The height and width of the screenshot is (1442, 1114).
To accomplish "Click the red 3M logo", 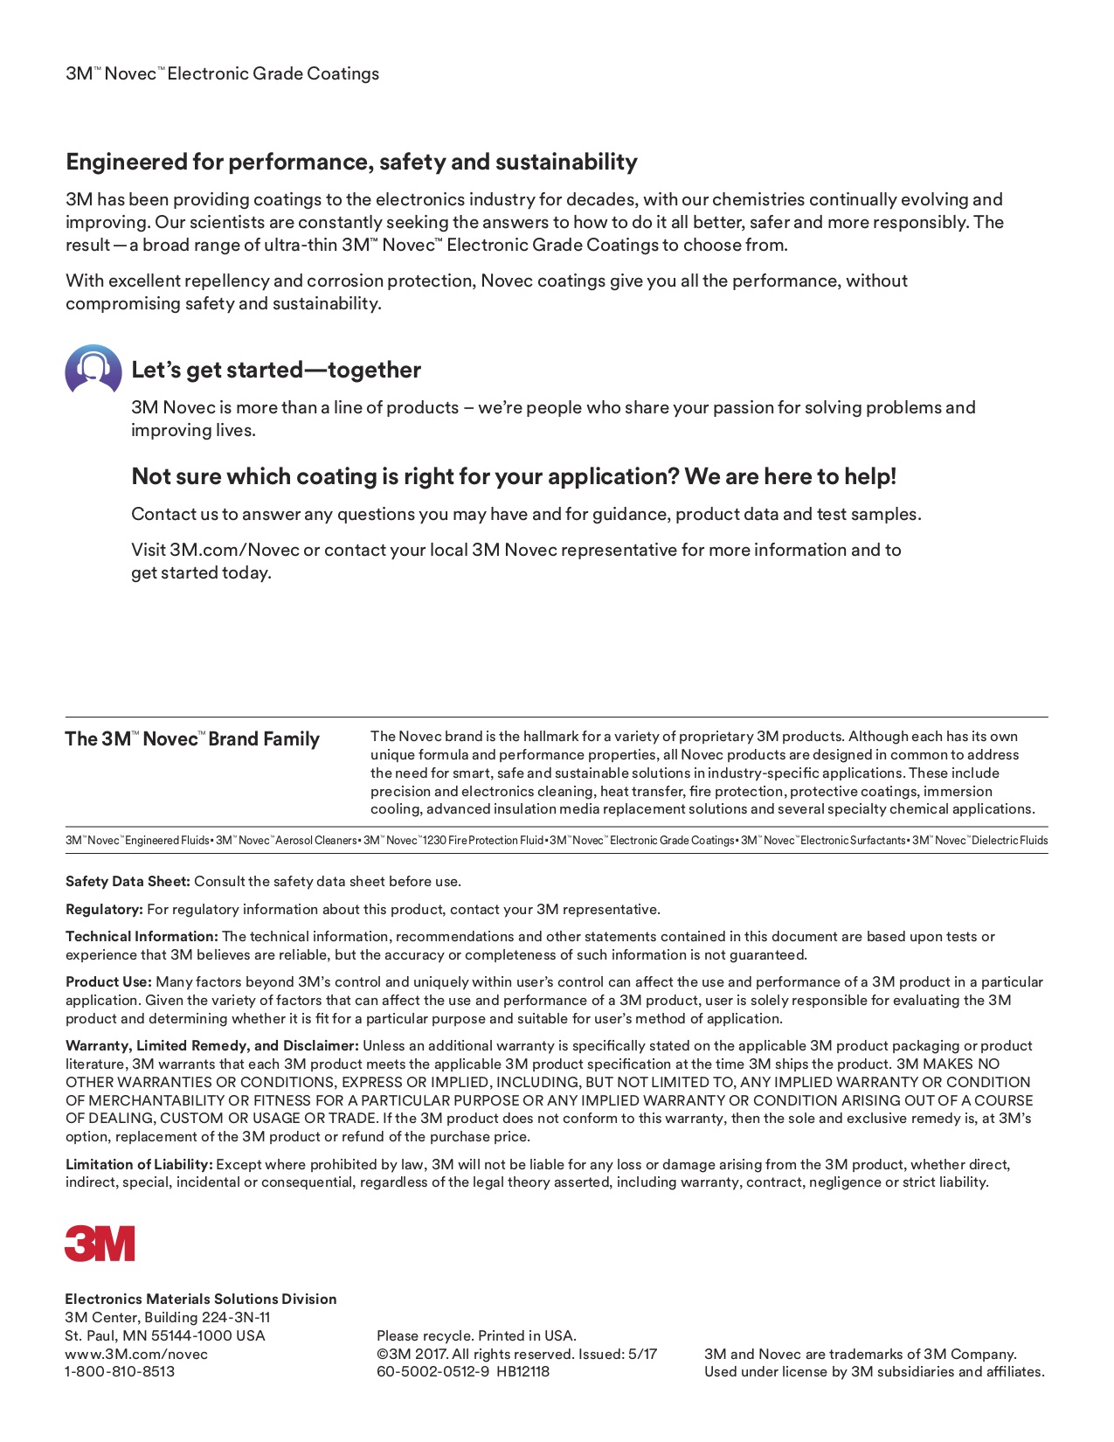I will (100, 1243).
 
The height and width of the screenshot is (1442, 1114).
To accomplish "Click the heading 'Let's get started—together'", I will (276, 370).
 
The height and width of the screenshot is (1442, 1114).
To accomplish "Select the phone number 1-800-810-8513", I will (120, 1371).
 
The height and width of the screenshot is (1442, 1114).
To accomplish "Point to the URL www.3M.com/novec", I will (136, 1354).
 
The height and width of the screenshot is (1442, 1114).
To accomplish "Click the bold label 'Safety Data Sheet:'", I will (128, 881).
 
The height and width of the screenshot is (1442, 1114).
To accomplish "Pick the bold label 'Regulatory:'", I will (104, 909).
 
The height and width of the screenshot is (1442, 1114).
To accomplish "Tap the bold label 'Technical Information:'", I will (142, 936).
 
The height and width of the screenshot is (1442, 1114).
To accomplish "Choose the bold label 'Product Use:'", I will (108, 981).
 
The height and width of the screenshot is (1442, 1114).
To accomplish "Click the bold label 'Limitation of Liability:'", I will (139, 1164).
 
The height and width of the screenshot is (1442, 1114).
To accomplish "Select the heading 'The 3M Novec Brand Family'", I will (192, 739).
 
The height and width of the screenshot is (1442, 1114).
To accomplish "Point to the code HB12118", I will (523, 1371).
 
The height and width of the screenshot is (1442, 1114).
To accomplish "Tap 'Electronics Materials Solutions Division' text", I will (200, 1299).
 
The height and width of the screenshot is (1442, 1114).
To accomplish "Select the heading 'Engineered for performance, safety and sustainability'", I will (351, 162).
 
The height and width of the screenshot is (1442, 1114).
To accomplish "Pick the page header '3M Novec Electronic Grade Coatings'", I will (222, 73).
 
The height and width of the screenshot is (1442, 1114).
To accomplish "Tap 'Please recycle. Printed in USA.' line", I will (476, 1335).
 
